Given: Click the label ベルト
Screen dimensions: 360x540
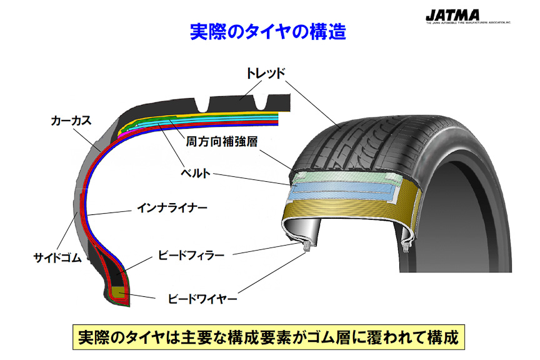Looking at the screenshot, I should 195,172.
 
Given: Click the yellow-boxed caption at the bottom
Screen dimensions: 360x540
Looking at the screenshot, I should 269,338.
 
